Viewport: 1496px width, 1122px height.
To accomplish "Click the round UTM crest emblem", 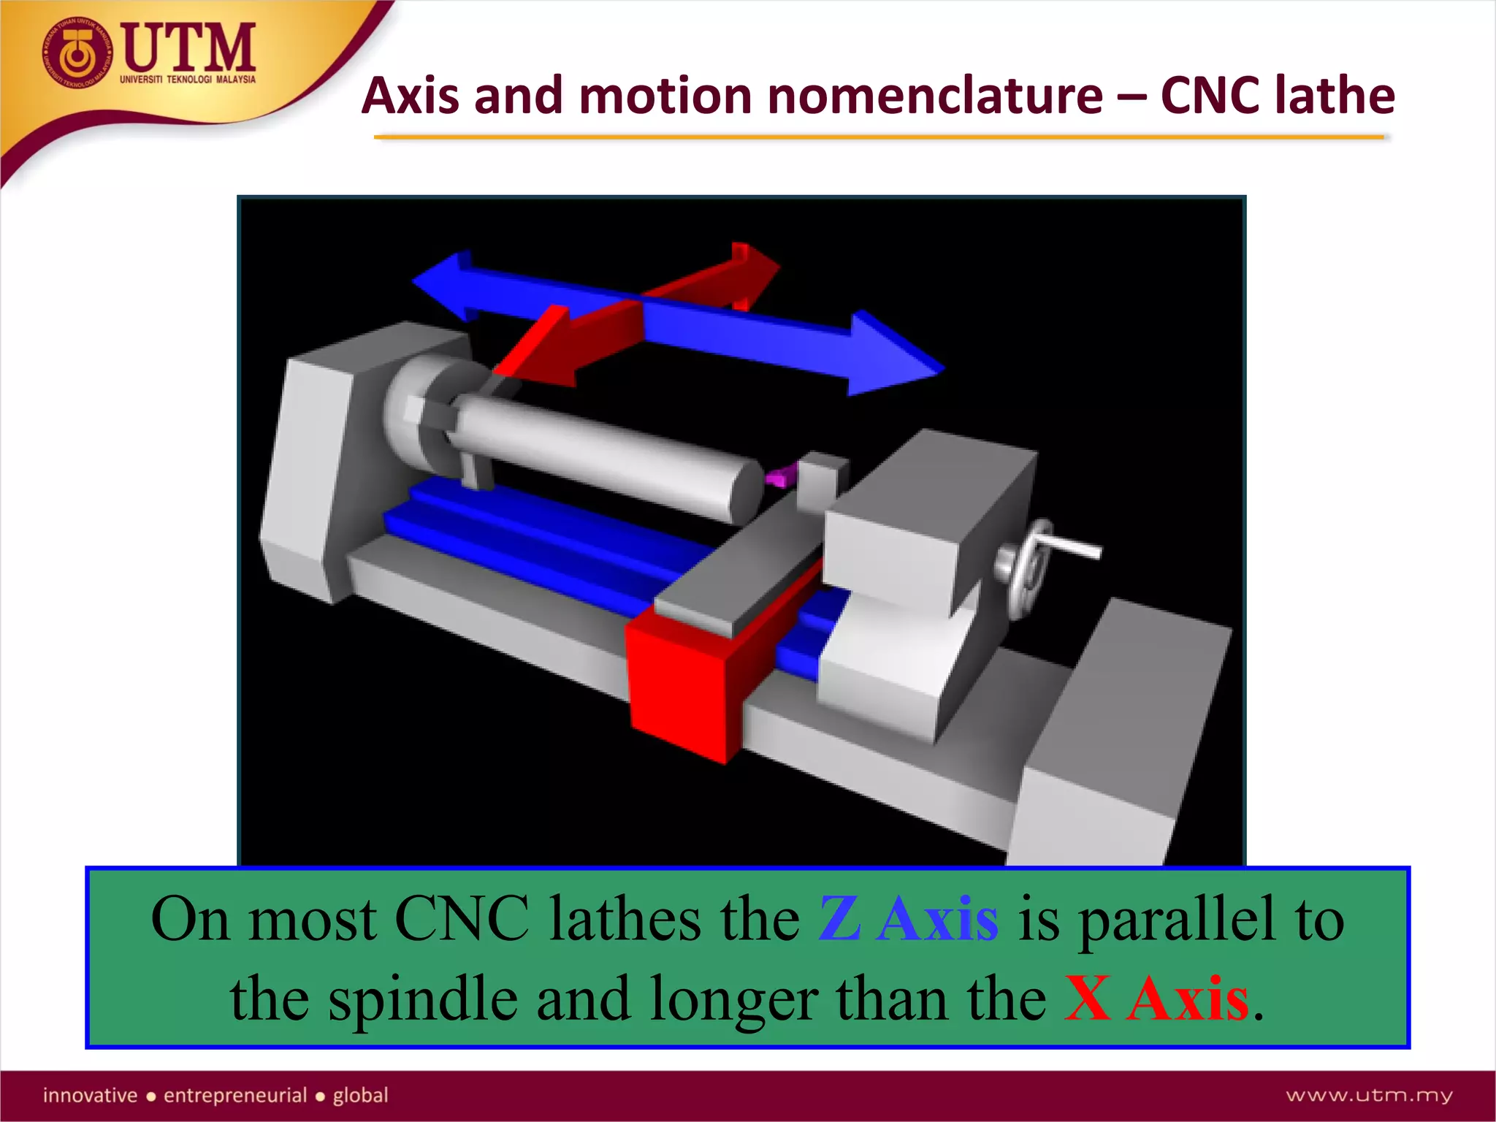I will (x=77, y=53).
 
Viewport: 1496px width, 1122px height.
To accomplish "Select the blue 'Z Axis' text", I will (x=908, y=919).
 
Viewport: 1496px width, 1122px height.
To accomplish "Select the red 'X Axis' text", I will (x=1156, y=999).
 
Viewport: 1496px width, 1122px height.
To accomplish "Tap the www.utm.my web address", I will (x=1369, y=1095).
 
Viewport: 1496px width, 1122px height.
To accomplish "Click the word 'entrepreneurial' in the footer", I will (x=235, y=1095).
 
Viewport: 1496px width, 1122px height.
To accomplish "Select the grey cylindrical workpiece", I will (x=606, y=453).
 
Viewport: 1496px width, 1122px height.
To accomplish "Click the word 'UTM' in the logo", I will (x=188, y=47).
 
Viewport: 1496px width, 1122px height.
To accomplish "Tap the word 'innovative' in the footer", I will (x=90, y=1095).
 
